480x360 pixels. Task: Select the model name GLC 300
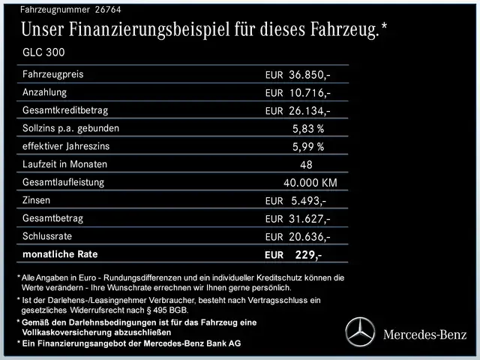44,53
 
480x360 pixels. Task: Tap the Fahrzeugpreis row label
53,74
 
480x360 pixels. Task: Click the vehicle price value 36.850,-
309,75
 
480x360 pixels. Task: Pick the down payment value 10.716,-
309,93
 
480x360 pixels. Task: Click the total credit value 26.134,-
309,111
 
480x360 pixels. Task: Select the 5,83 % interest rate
308,129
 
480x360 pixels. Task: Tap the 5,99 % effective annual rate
308,147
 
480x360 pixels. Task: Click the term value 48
305,165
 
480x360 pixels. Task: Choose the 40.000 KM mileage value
310,183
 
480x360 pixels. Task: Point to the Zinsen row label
38,200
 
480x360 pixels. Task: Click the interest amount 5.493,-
307,201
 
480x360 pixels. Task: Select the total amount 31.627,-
309,219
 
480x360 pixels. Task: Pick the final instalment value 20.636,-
309,237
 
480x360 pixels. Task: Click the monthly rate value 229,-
308,255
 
